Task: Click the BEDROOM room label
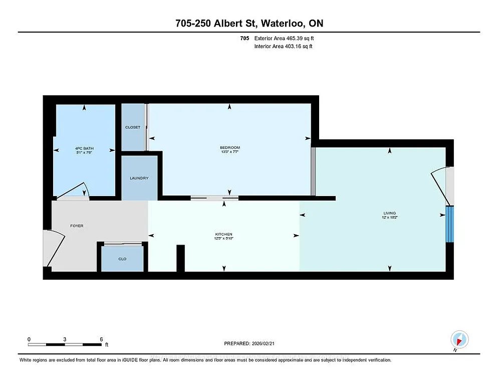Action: pos(230,147)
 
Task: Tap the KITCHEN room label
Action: pos(223,234)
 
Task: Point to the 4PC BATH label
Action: pos(84,148)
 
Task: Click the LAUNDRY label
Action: pos(139,178)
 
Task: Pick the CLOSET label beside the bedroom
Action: pos(133,127)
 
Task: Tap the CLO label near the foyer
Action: pos(122,259)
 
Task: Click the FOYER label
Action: pos(77,226)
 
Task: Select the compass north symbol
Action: pos(459,339)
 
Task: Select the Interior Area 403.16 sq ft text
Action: pos(284,46)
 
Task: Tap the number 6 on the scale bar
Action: pos(102,339)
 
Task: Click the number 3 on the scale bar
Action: pos(65,339)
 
